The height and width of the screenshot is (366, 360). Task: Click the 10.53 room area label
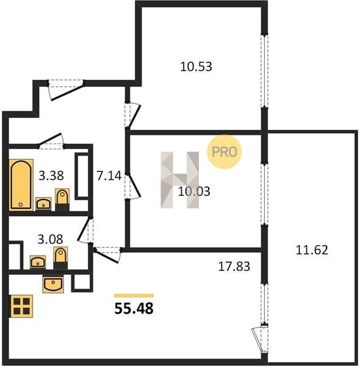tap(196, 66)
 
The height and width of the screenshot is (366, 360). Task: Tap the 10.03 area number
tap(194, 191)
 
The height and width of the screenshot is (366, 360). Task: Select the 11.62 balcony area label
tap(312, 250)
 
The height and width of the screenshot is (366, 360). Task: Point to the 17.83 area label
tap(234, 267)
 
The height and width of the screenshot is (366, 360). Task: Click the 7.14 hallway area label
tap(109, 176)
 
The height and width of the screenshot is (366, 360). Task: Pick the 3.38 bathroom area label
tap(51, 176)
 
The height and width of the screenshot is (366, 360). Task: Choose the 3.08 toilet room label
tap(51, 239)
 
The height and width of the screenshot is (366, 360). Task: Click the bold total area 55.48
tap(134, 308)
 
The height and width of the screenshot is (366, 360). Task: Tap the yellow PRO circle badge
tap(225, 152)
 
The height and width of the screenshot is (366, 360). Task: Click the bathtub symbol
tap(21, 185)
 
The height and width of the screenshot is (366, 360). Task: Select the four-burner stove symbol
tap(21, 306)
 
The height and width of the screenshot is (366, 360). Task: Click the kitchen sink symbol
tap(53, 284)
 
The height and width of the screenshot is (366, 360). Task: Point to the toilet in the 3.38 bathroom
tap(62, 199)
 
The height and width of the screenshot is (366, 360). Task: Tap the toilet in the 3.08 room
tap(60, 258)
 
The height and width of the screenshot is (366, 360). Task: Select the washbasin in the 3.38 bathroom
tap(43, 204)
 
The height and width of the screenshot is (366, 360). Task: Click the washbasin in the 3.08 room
tap(38, 262)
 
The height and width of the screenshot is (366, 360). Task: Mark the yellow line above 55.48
tap(134, 296)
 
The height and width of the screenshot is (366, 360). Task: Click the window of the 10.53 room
tap(265, 71)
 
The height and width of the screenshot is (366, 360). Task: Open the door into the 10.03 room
tap(132, 187)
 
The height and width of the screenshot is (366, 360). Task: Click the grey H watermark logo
tap(180, 180)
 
